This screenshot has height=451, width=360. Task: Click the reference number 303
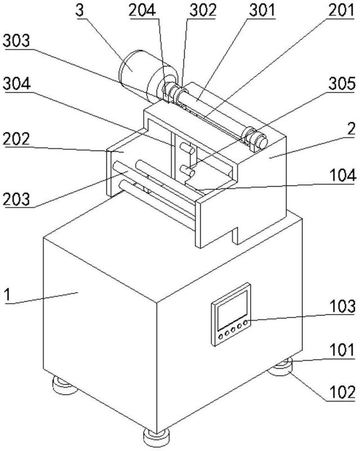click(x=16, y=41)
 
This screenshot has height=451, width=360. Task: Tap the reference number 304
click(x=17, y=84)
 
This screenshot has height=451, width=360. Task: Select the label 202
click(x=16, y=139)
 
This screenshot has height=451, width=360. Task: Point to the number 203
click(x=16, y=199)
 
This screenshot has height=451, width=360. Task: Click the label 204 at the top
click(x=143, y=10)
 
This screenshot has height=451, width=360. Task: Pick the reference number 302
click(x=203, y=10)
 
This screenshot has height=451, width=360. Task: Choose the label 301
click(x=262, y=10)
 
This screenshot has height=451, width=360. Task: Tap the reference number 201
click(x=340, y=10)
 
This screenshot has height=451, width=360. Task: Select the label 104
click(x=343, y=175)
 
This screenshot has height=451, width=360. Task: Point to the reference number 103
click(x=343, y=306)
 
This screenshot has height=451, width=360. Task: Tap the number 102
click(x=343, y=392)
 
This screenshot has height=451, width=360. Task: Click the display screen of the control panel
click(x=232, y=310)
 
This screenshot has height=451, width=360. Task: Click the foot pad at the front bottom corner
click(x=156, y=439)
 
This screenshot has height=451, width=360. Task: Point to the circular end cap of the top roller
click(x=261, y=141)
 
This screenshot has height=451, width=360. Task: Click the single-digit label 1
click(x=8, y=295)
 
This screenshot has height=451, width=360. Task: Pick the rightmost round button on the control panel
click(x=245, y=322)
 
